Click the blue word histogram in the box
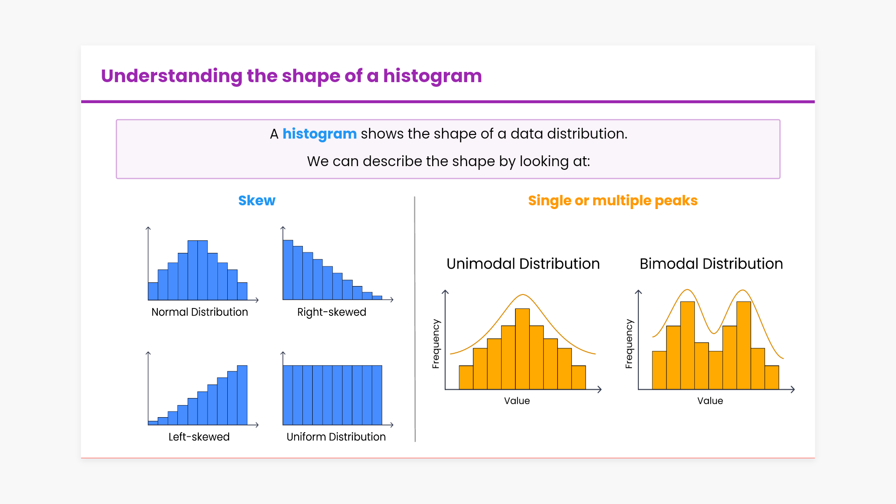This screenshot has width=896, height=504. coord(320,134)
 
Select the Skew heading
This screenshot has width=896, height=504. coord(257,201)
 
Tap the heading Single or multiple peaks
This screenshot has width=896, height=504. coord(613,201)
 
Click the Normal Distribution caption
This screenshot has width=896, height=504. coord(200,312)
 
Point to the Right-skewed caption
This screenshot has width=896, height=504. coord(332,312)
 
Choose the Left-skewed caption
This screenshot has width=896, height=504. coord(199,437)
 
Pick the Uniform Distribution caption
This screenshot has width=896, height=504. coord(336,437)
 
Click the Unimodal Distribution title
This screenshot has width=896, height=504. coord(523,264)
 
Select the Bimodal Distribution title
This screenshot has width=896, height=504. coord(711,264)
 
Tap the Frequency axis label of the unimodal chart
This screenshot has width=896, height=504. coord(436,344)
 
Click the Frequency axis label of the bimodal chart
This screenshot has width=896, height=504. coord(629,344)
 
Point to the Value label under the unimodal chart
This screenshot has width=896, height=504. coord(517,401)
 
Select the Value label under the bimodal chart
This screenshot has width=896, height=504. coord(710,401)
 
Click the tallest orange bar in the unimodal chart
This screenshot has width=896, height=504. coord(523,349)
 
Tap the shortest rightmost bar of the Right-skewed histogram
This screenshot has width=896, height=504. coord(377,298)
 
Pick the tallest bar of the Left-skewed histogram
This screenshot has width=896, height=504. coord(242,395)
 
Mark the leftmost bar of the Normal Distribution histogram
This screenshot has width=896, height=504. coord(153,291)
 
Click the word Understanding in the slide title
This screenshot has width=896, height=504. coord(172,76)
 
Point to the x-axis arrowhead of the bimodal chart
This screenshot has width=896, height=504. coord(792,389)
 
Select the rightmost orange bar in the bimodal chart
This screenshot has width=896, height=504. coord(772,378)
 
